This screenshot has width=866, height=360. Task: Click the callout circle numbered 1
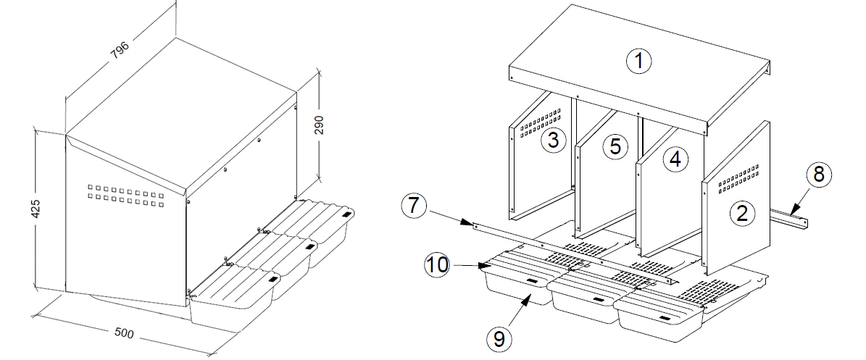click(638, 61)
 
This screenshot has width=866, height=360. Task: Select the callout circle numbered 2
click(741, 213)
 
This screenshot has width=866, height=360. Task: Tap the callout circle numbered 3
click(553, 140)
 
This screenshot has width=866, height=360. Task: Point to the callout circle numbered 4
click(675, 159)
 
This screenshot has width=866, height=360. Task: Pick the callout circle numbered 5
click(615, 146)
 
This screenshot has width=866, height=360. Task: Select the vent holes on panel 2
click(739, 178)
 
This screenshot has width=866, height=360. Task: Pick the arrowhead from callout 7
click(472, 225)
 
